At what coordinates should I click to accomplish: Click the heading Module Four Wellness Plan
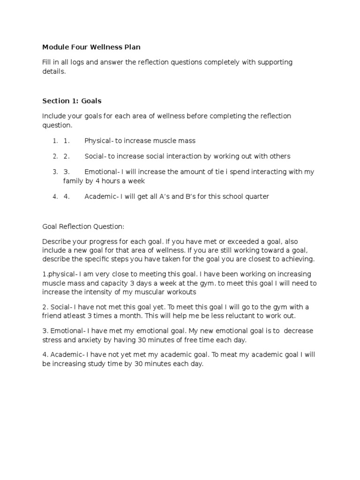coord(91,47)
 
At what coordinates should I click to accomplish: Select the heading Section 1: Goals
coord(72,100)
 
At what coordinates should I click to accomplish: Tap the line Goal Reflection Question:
coord(83,226)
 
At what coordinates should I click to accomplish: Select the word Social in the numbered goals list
coord(94,156)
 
